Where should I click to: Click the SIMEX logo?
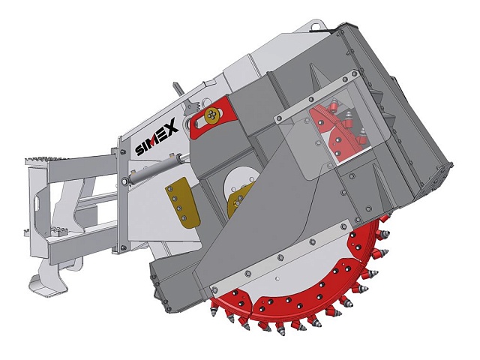[157, 136]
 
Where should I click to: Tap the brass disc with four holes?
[211, 115]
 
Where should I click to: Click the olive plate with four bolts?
[181, 202]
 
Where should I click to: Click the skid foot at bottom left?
[48, 283]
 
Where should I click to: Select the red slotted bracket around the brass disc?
[213, 115]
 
